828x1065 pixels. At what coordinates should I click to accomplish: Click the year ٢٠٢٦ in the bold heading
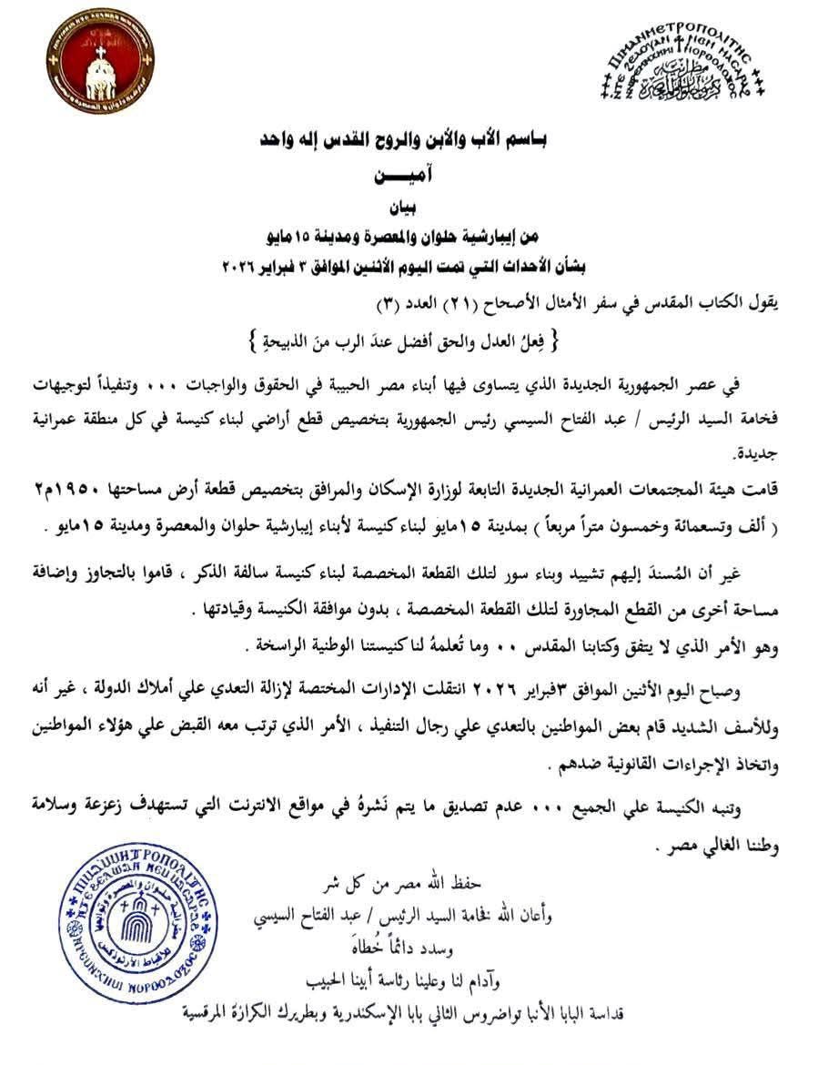241,268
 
